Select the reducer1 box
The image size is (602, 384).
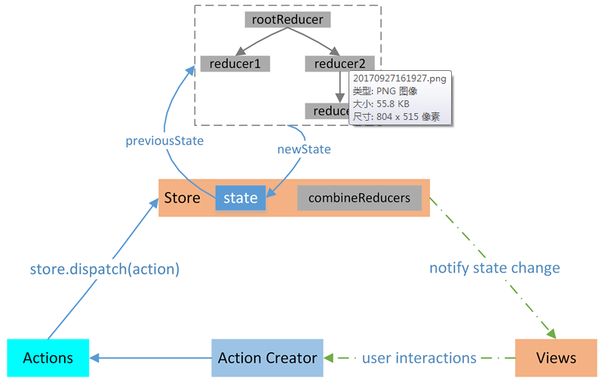(x=235, y=64)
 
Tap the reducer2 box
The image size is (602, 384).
(x=339, y=64)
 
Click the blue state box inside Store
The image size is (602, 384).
(x=241, y=198)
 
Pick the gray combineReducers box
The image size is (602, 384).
(x=359, y=198)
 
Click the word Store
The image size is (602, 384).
(x=183, y=198)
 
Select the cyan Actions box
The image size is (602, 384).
(x=48, y=358)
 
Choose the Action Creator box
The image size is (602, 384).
(x=267, y=358)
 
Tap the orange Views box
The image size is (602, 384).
(x=556, y=358)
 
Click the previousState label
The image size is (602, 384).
(x=164, y=140)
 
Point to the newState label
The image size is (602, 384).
(x=304, y=149)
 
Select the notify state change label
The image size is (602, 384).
(x=494, y=268)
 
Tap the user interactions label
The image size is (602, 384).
(x=419, y=358)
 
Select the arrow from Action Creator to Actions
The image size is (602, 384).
(x=151, y=358)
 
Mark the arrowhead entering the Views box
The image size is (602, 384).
(x=553, y=335)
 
